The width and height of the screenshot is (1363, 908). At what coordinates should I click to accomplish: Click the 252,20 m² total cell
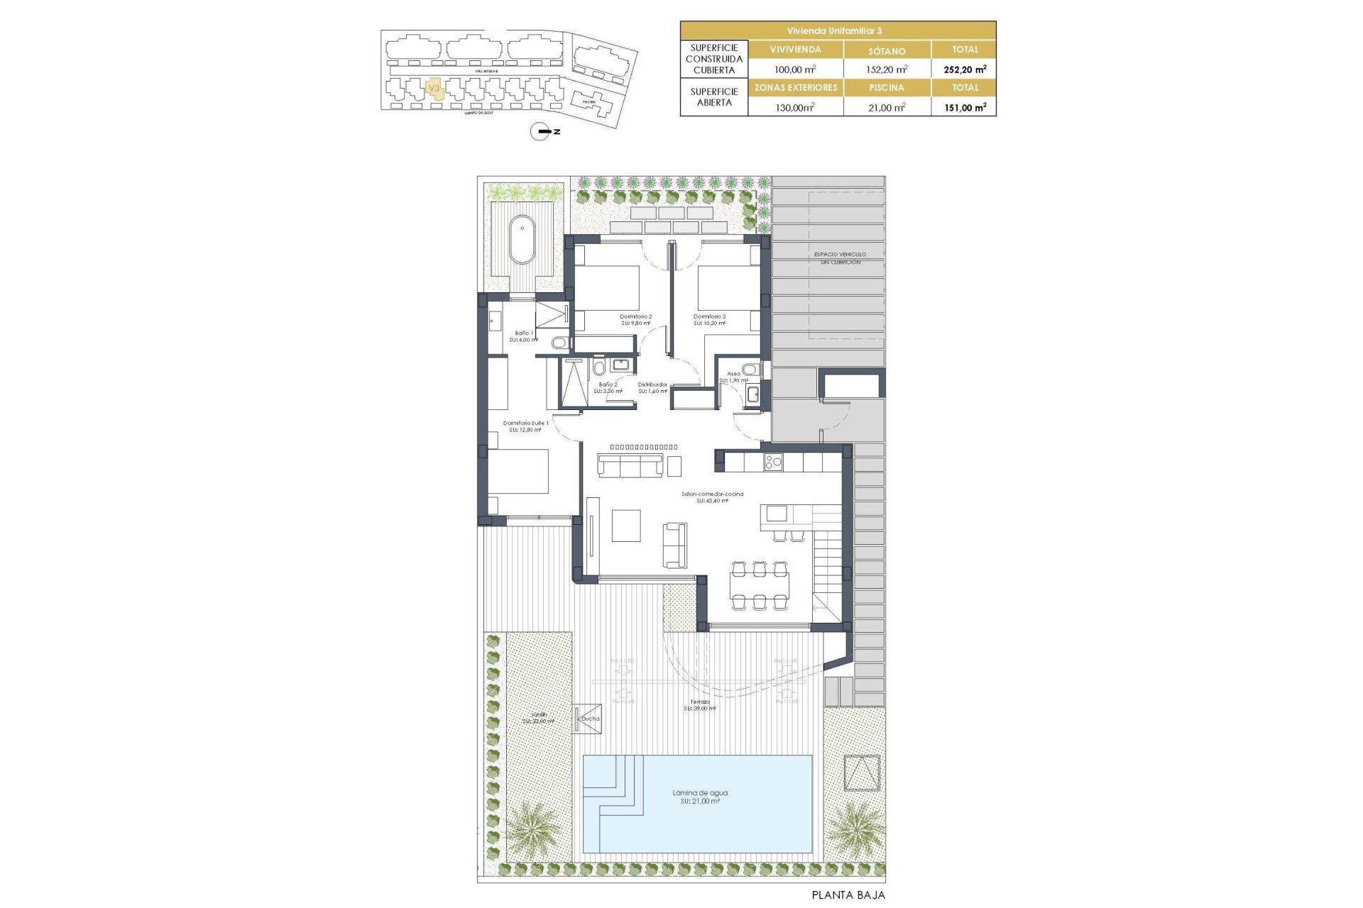click(x=964, y=70)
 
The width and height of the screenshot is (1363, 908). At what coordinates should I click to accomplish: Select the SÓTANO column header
click(x=887, y=50)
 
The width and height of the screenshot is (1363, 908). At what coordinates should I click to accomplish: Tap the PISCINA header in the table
click(x=887, y=88)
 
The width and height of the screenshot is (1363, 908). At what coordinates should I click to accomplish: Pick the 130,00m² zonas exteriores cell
click(x=795, y=107)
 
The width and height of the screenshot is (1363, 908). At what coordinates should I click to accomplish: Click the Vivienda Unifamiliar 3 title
click(x=838, y=31)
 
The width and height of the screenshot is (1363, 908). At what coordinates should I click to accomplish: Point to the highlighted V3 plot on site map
click(x=434, y=88)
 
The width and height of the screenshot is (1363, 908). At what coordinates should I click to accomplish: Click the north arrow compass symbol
click(x=541, y=131)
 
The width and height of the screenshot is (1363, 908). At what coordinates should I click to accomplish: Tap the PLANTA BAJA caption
click(x=848, y=895)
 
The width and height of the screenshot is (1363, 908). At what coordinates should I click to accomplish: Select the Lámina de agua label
click(x=700, y=793)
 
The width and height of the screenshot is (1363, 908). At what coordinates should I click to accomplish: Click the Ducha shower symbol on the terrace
click(x=588, y=719)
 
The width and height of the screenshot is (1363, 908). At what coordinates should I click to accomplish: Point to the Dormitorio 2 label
click(x=635, y=317)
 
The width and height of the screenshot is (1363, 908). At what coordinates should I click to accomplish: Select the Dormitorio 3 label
click(x=709, y=317)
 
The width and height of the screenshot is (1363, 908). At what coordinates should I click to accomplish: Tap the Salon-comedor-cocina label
click(x=712, y=494)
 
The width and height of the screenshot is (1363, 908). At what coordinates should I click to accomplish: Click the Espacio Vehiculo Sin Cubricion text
click(x=840, y=258)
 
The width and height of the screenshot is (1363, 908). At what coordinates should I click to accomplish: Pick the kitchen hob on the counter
click(x=772, y=463)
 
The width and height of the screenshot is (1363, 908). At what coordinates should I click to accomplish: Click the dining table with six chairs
click(x=760, y=586)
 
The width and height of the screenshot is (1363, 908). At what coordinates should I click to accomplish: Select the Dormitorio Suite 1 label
click(x=525, y=423)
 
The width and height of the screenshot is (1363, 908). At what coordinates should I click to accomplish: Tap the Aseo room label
click(x=733, y=374)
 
